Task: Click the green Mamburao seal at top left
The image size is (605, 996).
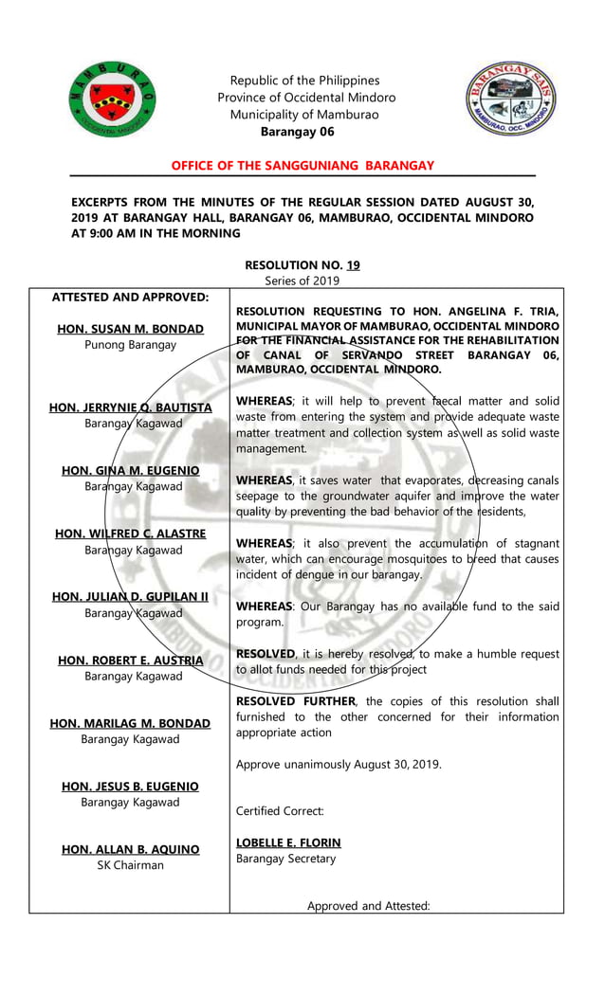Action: [112, 98]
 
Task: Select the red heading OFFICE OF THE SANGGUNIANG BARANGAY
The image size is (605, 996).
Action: [302, 166]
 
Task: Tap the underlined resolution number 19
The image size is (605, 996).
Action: [352, 265]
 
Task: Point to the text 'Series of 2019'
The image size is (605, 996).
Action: [302, 281]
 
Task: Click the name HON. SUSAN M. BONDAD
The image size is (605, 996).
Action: [130, 329]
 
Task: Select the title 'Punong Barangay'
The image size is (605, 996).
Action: [130, 345]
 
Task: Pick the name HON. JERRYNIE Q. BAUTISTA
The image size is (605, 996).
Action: [130, 407]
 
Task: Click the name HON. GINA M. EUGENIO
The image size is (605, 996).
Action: [130, 470]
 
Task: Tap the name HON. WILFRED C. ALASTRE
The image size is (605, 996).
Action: [130, 534]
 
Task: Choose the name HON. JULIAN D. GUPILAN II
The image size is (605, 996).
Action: [130, 596]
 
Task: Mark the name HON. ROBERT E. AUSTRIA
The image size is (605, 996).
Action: [130, 661]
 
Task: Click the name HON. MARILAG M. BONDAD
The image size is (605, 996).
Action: [130, 723]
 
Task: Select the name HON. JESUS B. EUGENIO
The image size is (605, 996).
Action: [130, 787]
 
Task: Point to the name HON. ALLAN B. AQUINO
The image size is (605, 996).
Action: [130, 849]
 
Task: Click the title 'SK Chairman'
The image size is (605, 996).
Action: [130, 865]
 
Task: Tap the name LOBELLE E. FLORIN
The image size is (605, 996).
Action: [288, 842]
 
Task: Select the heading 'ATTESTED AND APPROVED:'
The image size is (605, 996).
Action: [130, 297]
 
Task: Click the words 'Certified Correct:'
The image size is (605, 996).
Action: [280, 811]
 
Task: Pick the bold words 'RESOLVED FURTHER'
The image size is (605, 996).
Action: [296, 701]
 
